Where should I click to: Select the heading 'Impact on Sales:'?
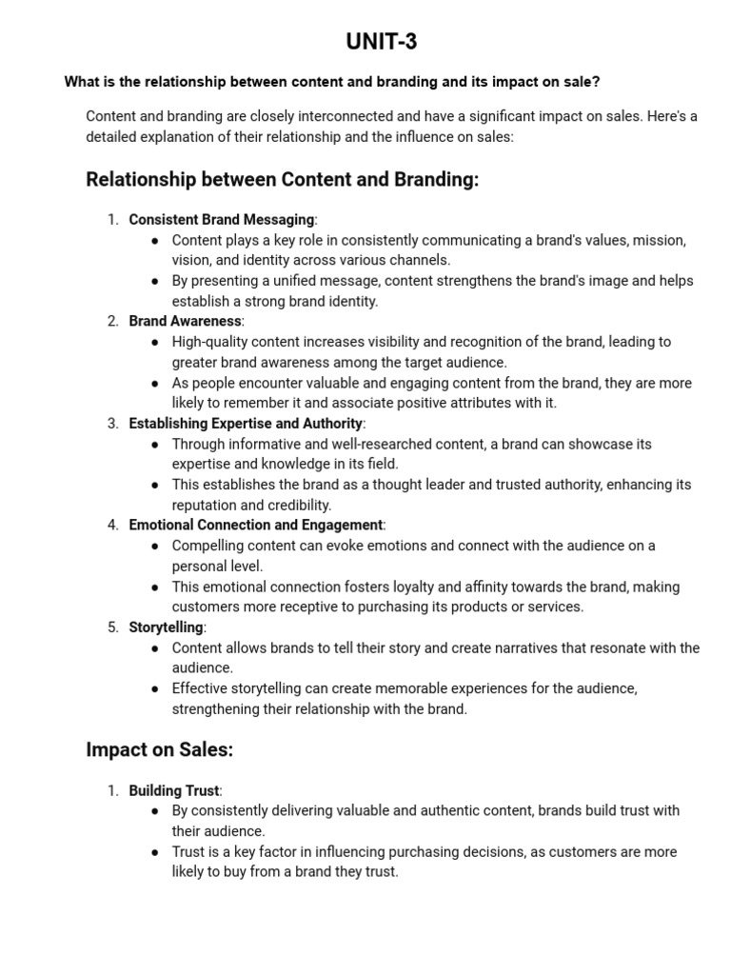tap(159, 749)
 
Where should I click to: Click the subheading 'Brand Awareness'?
tap(185, 322)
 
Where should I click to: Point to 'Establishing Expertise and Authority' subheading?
tap(246, 424)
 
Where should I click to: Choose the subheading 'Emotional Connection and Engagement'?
tap(255, 525)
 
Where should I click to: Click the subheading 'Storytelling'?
tap(166, 627)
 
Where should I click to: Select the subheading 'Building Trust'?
tap(173, 790)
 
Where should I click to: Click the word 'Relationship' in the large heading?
tap(139, 179)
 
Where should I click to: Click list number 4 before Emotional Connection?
tap(112, 525)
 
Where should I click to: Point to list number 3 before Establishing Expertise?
tap(112, 424)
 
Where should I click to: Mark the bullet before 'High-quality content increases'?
tap(155, 342)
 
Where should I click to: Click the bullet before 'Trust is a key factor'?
tap(155, 852)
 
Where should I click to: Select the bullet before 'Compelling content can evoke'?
tap(155, 546)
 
